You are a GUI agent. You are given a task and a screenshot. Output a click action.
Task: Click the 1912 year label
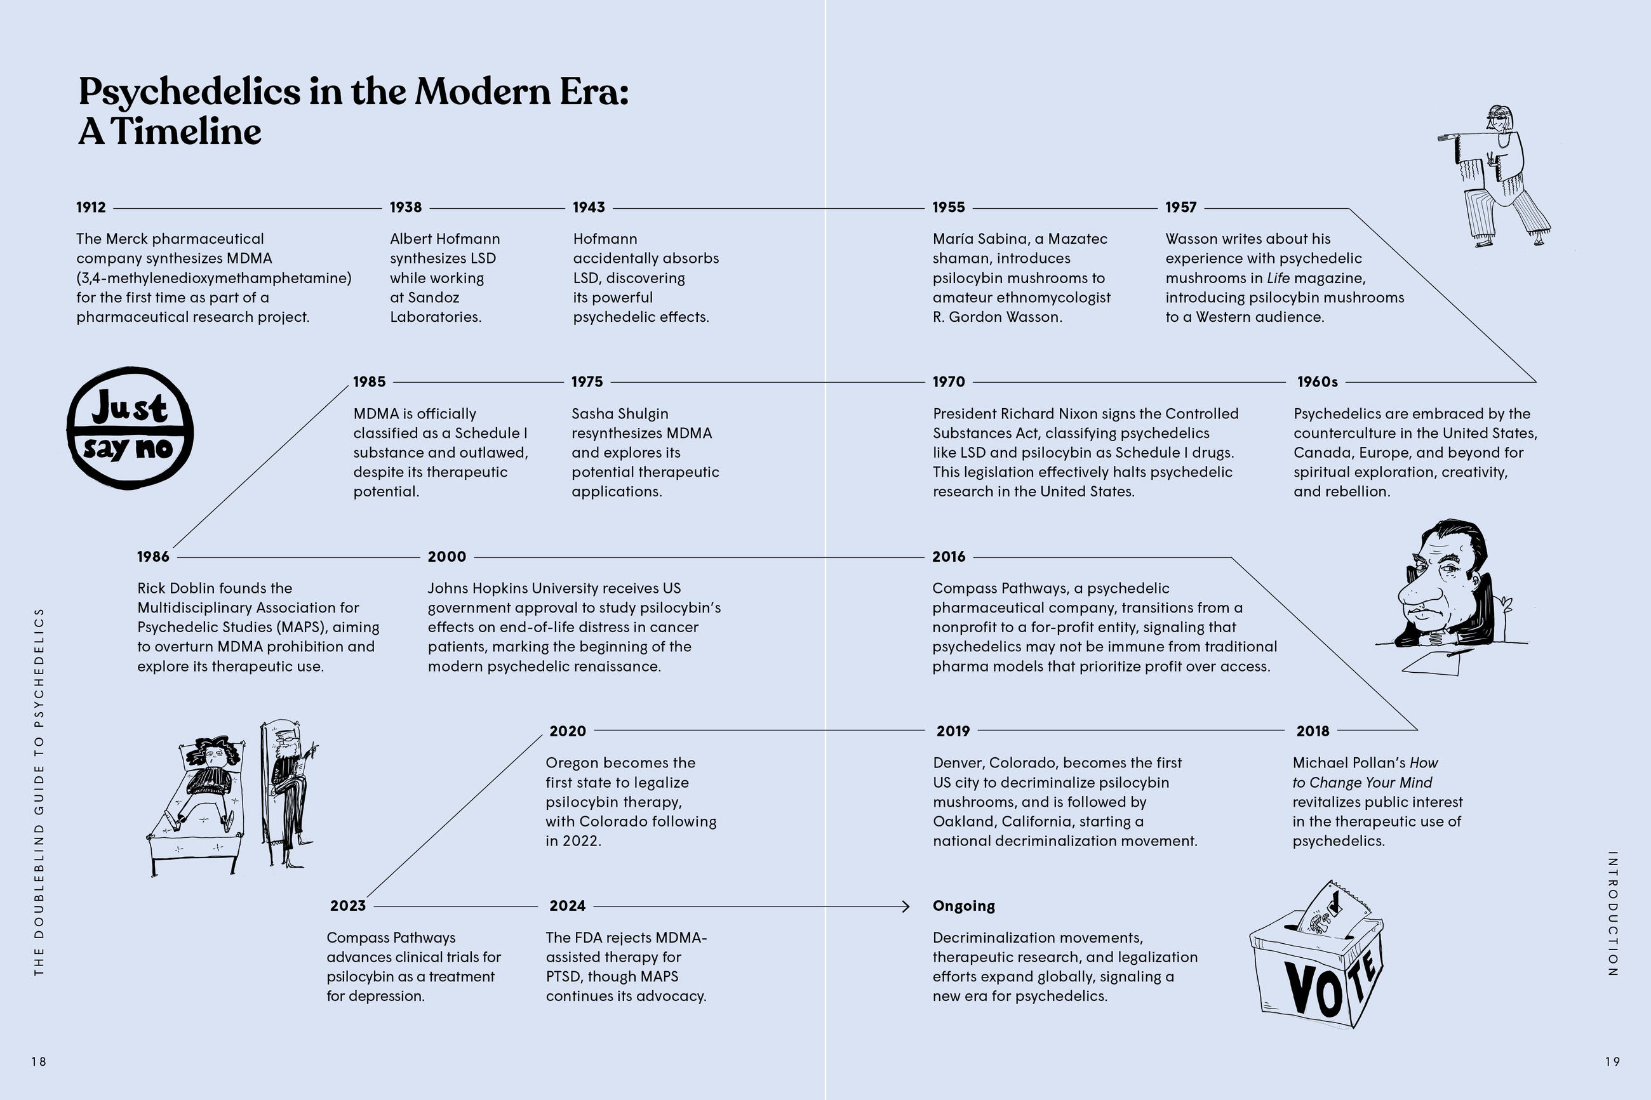click(91, 207)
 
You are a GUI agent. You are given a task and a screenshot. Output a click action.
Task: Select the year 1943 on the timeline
click(589, 207)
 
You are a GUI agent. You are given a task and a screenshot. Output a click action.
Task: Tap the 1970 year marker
click(949, 381)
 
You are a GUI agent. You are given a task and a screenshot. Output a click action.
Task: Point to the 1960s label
click(1317, 381)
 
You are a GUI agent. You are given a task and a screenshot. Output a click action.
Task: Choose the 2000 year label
click(447, 556)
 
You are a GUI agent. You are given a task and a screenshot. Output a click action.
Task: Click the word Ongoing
click(963, 906)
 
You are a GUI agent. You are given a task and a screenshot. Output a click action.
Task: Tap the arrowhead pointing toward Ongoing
click(906, 906)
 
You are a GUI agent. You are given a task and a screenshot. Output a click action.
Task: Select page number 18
click(39, 1061)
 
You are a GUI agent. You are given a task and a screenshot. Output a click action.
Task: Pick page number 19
click(1612, 1061)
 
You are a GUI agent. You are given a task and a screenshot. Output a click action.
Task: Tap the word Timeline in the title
click(186, 131)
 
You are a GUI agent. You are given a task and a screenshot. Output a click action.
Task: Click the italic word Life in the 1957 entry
click(1278, 278)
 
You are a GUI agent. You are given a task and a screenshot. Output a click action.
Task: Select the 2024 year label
click(567, 906)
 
